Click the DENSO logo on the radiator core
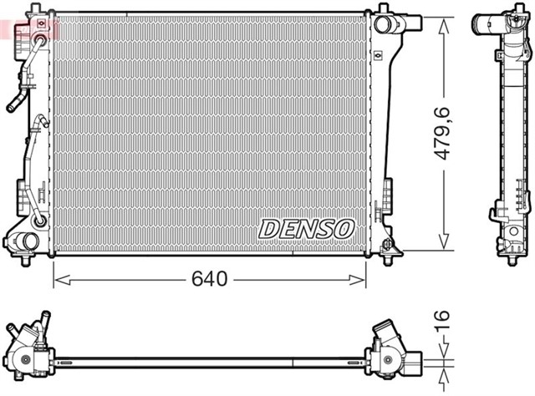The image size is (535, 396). [306, 226]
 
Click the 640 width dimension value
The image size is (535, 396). [209, 279]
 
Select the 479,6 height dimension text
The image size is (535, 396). [449, 131]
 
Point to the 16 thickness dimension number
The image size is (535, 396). [443, 320]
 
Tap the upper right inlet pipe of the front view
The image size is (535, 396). [386, 23]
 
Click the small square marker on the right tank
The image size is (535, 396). [379, 56]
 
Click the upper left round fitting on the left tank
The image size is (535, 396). [39, 38]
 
